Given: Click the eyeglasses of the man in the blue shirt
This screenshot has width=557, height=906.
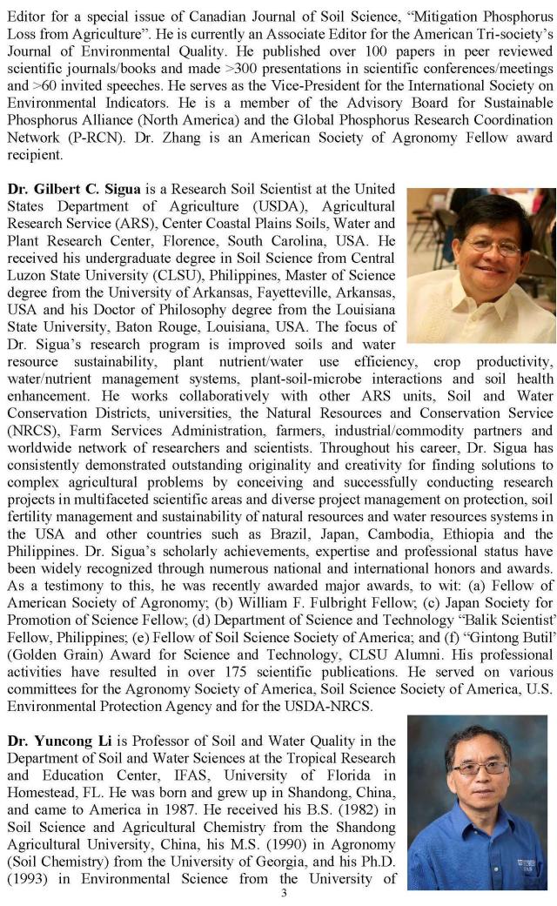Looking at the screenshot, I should pos(480,768).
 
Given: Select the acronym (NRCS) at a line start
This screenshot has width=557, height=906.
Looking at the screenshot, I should pos(30,431).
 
